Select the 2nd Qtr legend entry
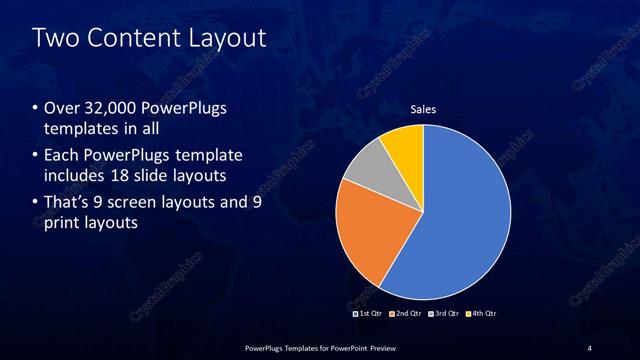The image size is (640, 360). pos(404,314)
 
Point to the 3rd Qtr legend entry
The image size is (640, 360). pos(443,314)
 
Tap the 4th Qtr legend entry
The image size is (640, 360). pos(482,314)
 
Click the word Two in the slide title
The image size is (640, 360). pos(54,39)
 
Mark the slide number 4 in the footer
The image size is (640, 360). pos(589,347)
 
